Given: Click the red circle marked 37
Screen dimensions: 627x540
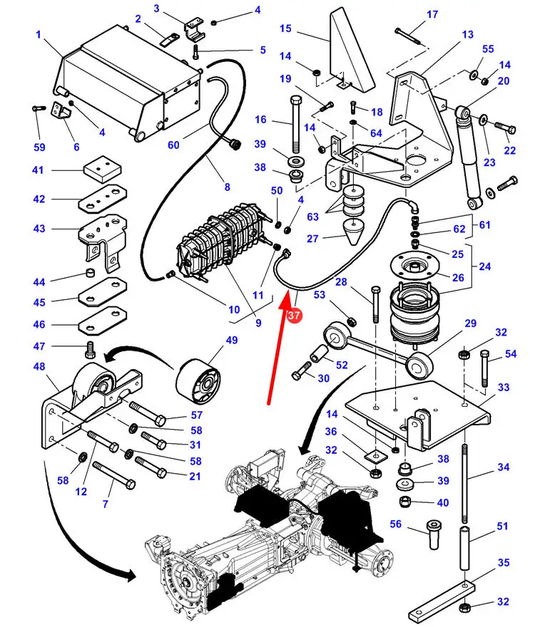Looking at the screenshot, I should pos(293,315).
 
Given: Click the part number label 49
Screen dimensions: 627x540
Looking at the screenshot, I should pos(232,341).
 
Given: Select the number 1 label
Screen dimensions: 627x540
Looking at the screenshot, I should pos(38,34).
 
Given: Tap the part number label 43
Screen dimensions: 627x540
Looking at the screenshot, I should pos(38,229).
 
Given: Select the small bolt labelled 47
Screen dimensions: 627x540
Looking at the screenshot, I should pos(90,349).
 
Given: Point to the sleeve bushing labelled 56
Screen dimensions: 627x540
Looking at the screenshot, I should pos(432,534).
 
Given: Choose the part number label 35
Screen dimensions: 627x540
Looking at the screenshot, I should pos(504,562).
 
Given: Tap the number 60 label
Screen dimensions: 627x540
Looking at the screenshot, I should pos(173,145).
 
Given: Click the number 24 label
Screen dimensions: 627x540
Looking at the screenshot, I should pos(485,267).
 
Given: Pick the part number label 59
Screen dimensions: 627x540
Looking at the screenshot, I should pos(38,147).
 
